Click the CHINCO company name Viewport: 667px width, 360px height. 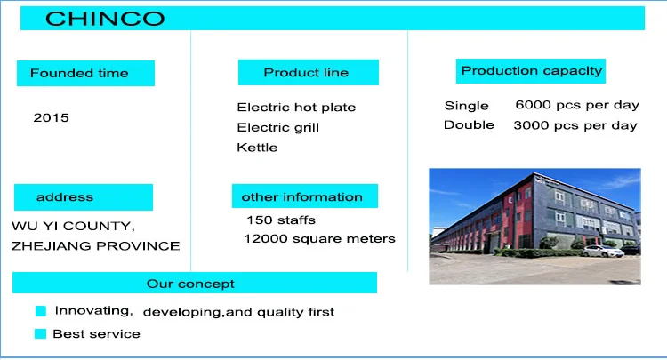pyautogui.click(x=105, y=19)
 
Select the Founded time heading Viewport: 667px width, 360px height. pyautogui.click(x=79, y=73)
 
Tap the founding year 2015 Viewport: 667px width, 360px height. pyautogui.click(x=51, y=117)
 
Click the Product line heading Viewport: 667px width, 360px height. pyautogui.click(x=306, y=73)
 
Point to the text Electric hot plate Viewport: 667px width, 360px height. pyautogui.click(x=296, y=107)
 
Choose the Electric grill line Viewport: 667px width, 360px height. pyautogui.click(x=277, y=127)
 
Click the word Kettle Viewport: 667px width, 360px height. pyautogui.click(x=257, y=148)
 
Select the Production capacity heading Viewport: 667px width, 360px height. pyautogui.click(x=532, y=71)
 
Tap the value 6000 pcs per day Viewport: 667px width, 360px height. pyautogui.click(x=577, y=105)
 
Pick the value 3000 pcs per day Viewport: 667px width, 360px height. pyautogui.click(x=575, y=125)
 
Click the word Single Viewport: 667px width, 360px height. pyautogui.click(x=466, y=106)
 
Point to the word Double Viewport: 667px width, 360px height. pyautogui.click(x=469, y=125)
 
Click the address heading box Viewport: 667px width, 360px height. pyautogui.click(x=84, y=197)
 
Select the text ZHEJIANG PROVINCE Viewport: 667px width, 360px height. pyautogui.click(x=96, y=246)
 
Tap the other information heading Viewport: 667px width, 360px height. pyautogui.click(x=302, y=196)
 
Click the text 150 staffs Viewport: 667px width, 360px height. pyautogui.click(x=281, y=220)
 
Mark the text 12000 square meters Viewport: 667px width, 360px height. pyautogui.click(x=319, y=239)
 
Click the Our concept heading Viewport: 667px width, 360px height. pyautogui.click(x=190, y=284)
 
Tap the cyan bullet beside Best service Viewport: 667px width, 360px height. pyautogui.click(x=40, y=333)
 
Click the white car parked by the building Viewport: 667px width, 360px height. pyautogui.click(x=603, y=251)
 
